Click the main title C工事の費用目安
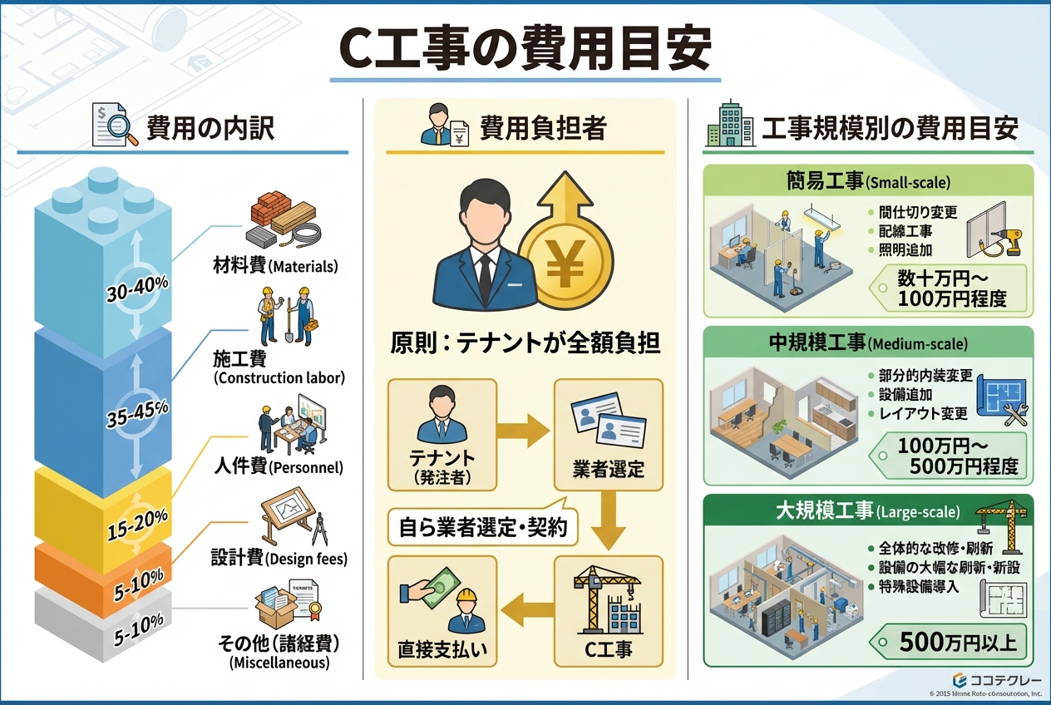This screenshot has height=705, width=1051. pyautogui.click(x=525, y=49)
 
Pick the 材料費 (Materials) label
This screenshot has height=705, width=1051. pyautogui.click(x=274, y=267)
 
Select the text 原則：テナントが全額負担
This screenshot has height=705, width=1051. pyautogui.click(x=525, y=343)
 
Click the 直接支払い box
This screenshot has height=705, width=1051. pyautogui.click(x=442, y=611)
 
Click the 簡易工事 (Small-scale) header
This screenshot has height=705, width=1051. pyautogui.click(x=868, y=180)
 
